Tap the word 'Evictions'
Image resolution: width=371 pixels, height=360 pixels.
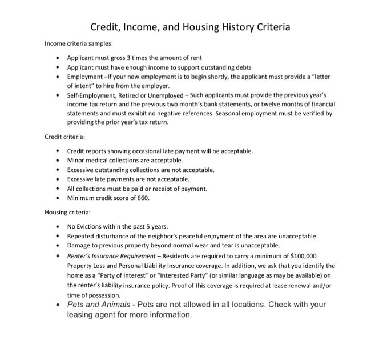tap(92, 226)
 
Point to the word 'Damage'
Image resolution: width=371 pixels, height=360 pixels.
tap(79, 246)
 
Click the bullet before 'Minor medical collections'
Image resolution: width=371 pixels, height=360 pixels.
tap(59, 160)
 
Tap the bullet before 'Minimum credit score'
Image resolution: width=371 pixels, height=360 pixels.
tap(59, 198)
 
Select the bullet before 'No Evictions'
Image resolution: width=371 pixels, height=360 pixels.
tap(59, 227)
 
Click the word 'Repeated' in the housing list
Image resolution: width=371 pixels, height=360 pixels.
tap(81, 236)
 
